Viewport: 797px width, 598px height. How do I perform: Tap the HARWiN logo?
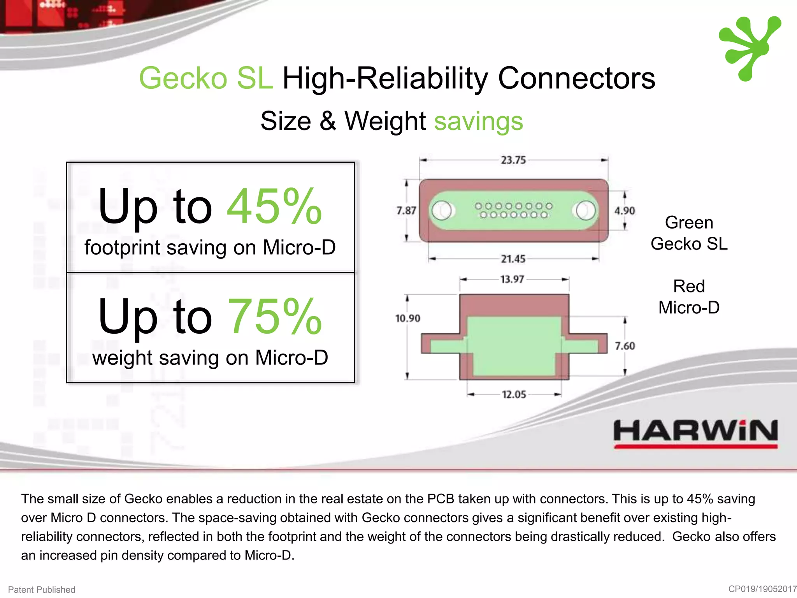[x=695, y=433]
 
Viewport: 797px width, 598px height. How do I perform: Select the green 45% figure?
[x=274, y=206]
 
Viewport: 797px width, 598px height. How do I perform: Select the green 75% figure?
[x=274, y=316]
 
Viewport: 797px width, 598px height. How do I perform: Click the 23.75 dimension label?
[x=513, y=160]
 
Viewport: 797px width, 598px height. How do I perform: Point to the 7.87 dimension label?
[x=406, y=211]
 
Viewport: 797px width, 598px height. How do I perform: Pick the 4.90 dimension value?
[x=624, y=211]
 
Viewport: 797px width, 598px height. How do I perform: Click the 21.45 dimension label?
[x=513, y=259]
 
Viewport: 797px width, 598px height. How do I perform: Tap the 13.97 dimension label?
[x=512, y=279]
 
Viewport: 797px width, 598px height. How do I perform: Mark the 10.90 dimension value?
[x=407, y=318]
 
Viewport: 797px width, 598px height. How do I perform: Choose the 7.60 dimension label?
[x=625, y=346]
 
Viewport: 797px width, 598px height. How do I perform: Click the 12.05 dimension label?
[x=514, y=394]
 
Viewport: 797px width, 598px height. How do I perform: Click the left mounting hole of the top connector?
[x=442, y=210]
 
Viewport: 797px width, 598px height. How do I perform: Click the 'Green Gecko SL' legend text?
[x=689, y=233]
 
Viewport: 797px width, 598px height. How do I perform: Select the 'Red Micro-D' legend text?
[x=689, y=297]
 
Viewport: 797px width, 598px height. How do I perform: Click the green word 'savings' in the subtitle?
[x=478, y=121]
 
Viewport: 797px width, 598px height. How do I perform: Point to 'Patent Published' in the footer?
[x=42, y=589]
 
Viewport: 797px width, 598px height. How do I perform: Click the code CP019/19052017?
[x=762, y=589]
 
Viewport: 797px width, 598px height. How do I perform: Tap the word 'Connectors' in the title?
[x=576, y=78]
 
